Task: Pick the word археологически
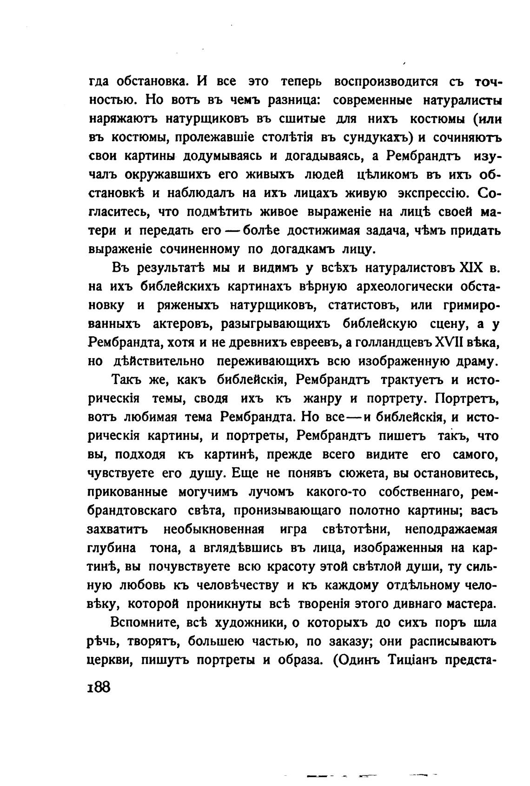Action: [404, 287]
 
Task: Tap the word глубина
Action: [112, 548]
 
